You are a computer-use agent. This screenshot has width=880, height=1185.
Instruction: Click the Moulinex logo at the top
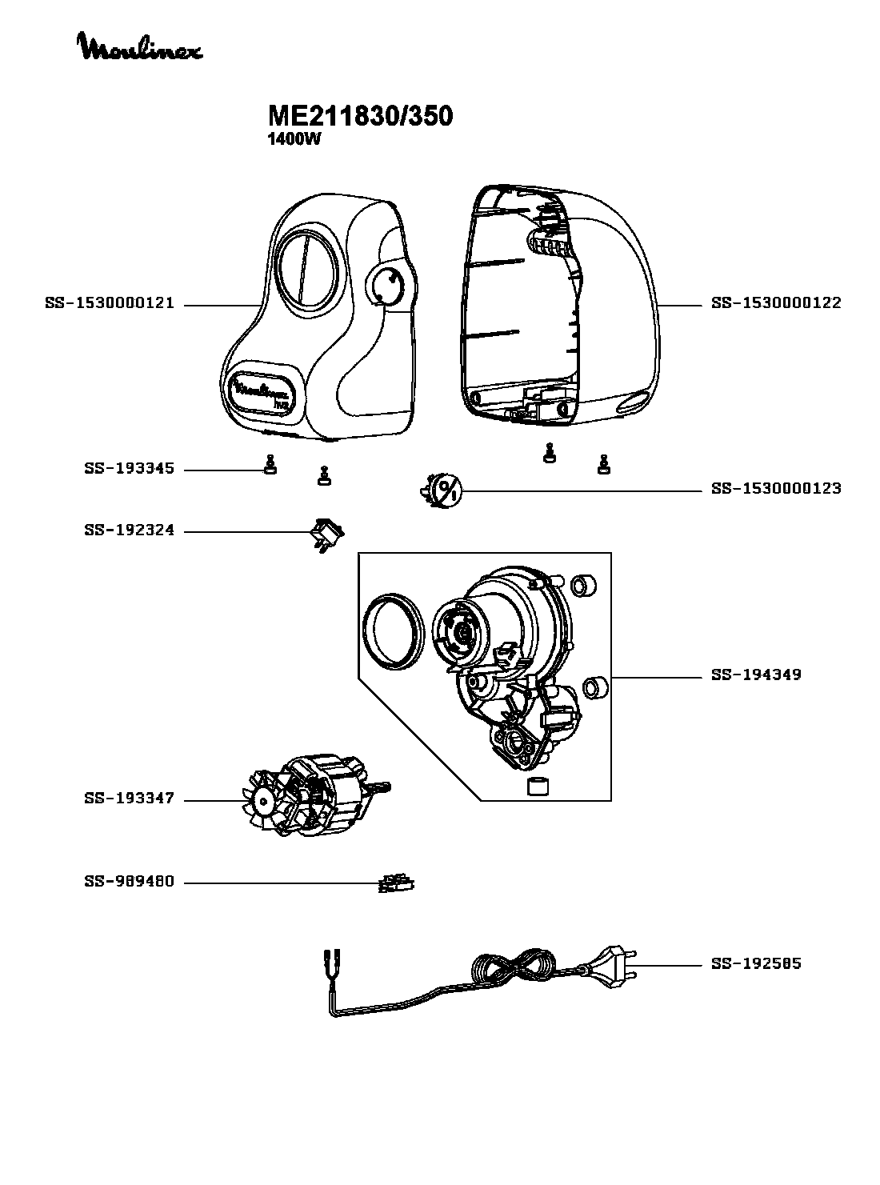141,46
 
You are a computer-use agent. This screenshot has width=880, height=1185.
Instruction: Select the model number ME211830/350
360,115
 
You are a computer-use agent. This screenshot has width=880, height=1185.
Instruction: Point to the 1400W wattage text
294,140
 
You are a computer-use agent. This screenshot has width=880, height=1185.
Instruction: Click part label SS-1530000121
110,303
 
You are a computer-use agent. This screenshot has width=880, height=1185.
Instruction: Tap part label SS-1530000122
776,303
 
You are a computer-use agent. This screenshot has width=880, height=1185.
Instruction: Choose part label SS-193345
130,469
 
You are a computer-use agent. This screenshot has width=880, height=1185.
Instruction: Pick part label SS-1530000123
776,489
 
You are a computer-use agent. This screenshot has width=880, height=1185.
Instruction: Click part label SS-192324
130,530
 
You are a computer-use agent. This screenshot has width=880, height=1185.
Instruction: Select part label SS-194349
756,675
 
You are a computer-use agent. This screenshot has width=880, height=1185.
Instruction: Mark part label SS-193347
130,799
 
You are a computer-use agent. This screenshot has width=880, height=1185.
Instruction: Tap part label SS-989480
130,882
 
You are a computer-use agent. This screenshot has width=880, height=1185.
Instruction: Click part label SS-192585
756,964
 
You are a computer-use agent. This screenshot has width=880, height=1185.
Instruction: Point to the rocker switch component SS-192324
327,534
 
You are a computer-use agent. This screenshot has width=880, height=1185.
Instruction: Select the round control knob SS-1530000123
442,490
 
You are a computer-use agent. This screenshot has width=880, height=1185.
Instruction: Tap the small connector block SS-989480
396,883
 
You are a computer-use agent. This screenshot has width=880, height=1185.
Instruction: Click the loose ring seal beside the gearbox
394,631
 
